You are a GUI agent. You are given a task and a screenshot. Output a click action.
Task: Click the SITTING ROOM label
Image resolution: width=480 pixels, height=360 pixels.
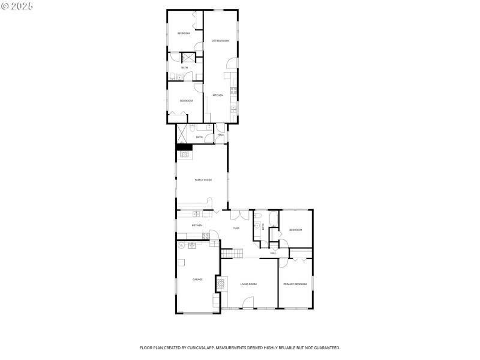pos(220,41)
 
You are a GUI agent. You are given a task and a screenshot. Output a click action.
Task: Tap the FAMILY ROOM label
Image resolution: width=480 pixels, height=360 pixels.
pos(203,180)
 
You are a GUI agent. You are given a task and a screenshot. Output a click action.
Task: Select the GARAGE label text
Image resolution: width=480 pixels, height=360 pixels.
pos(197,280)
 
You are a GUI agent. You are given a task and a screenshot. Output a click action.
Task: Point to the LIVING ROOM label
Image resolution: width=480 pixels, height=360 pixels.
pos(248,284)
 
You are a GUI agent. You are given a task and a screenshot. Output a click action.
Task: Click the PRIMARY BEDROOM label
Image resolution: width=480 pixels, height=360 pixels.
pos(295,284)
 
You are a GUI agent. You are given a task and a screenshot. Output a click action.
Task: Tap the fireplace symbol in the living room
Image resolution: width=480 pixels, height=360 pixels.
pos(221,284)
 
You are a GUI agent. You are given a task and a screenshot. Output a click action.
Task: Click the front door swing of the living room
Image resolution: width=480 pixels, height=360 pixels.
pos(247,302)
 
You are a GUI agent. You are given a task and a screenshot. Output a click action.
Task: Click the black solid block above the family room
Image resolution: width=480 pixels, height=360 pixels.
pos(184,147)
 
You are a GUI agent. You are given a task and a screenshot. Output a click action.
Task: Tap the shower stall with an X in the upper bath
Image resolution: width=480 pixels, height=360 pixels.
pos(188,58)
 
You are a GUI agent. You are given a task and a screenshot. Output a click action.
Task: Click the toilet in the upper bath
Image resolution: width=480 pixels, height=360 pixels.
pos(172,76)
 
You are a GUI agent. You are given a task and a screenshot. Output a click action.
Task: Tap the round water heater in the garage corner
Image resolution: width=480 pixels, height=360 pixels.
pos(181,245)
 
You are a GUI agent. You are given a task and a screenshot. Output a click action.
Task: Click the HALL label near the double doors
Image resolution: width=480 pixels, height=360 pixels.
pos(236,228)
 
